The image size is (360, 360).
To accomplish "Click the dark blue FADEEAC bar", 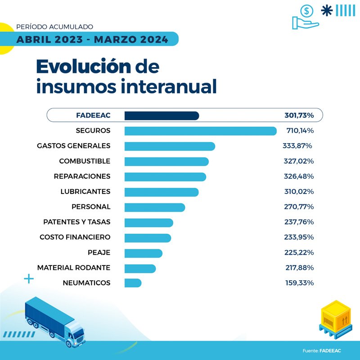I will coord(162,116).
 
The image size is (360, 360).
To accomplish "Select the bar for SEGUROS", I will coord(200,131).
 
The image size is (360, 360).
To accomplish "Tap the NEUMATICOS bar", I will coord(133,283).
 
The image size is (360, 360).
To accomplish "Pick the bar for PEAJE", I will coord(143,253).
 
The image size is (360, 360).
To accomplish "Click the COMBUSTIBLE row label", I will coord(85,161).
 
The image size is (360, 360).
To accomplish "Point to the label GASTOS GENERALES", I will coord(74,146).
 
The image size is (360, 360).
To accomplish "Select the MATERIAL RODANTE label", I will coord(74,268).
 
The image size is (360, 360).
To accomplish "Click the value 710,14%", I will coord(300,131).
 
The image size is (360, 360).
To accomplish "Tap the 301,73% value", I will coord(299,116).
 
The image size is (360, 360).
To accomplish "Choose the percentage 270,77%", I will coord(299,207).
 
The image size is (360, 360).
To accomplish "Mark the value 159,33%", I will coord(299,283).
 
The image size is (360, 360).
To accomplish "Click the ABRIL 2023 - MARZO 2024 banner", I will coord(92,40).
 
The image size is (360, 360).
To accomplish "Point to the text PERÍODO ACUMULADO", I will coord(54,27).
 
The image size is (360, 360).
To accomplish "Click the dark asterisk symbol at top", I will coord(328,10).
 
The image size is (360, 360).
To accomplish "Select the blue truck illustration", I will coord(54,322).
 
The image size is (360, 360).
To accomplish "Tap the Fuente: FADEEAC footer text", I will coord(322,351).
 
